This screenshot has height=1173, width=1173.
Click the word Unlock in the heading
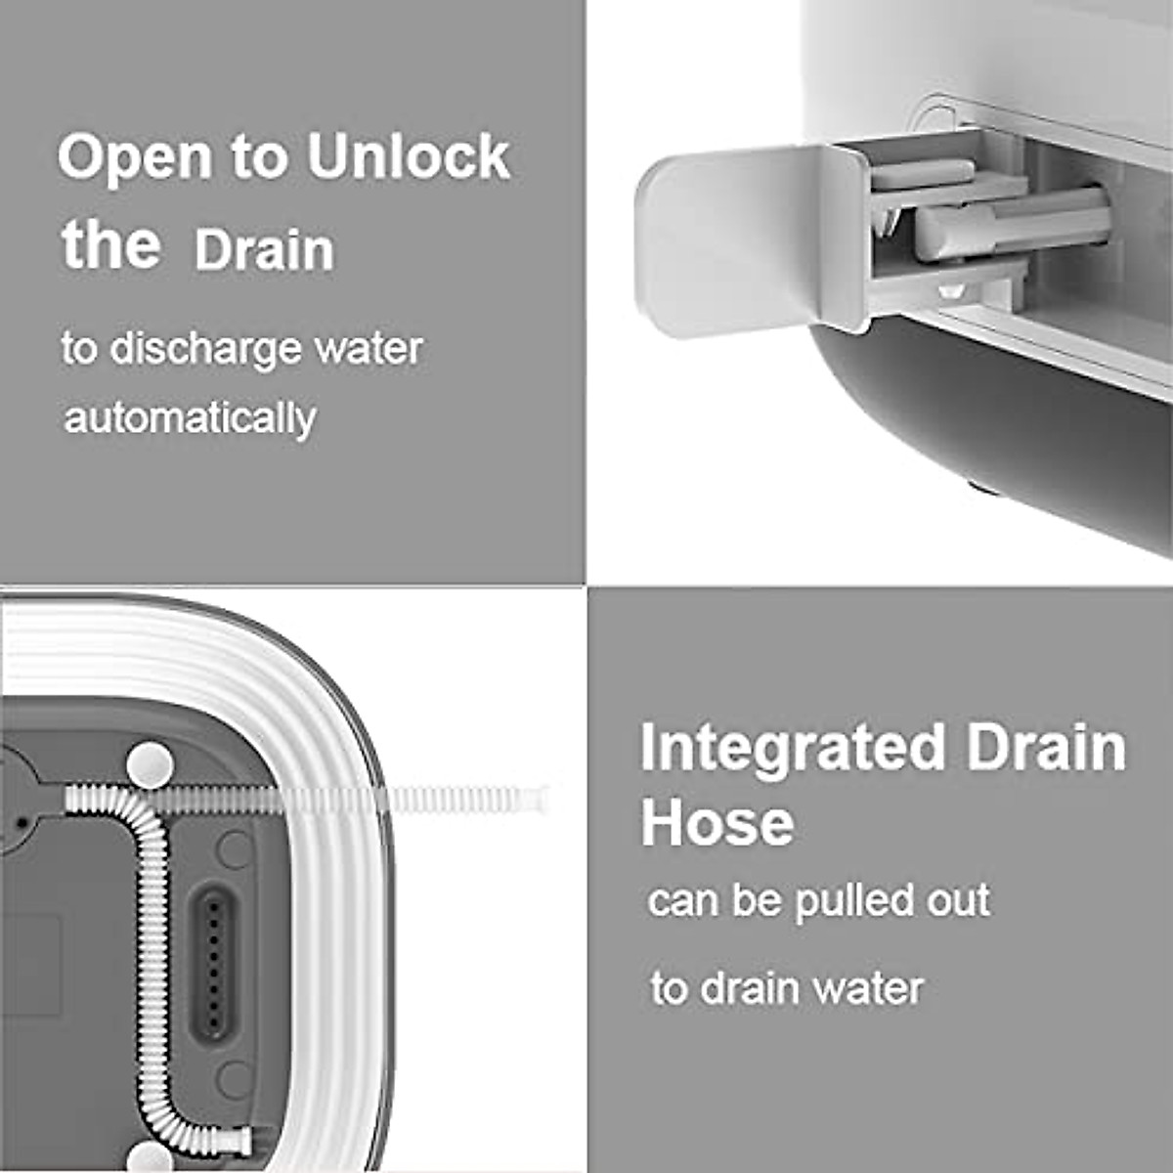click(x=409, y=156)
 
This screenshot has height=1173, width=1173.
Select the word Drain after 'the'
click(x=264, y=250)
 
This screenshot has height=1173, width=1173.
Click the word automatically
click(x=190, y=419)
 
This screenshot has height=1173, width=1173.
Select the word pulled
click(x=854, y=901)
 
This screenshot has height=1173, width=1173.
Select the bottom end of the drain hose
click(x=235, y=1140)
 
